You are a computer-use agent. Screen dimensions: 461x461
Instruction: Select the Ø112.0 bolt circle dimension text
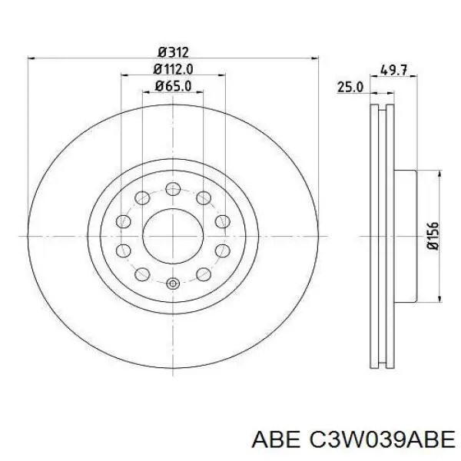tap(173, 69)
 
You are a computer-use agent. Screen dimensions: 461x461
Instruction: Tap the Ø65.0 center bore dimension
tap(173, 86)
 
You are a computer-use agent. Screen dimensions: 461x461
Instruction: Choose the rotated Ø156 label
tap(433, 236)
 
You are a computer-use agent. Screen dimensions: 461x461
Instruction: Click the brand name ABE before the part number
tap(274, 439)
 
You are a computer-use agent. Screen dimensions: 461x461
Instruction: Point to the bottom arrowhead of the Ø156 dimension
tap(439, 297)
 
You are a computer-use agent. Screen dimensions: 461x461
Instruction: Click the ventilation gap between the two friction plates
tap(381, 236)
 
